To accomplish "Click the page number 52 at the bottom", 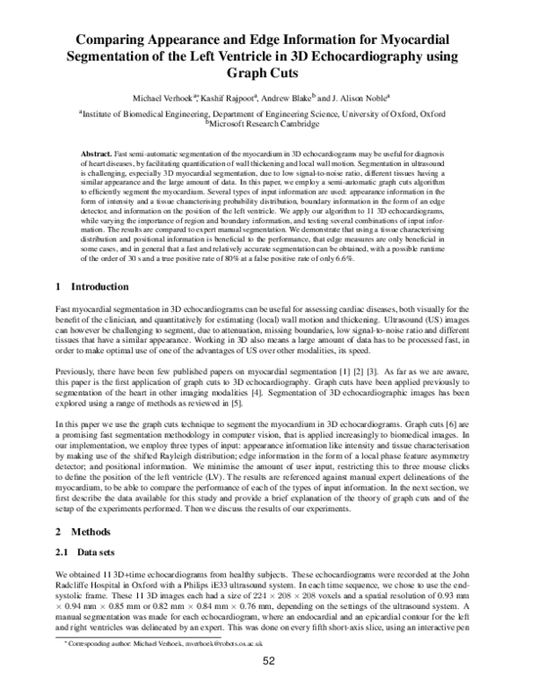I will click(x=268, y=686).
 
